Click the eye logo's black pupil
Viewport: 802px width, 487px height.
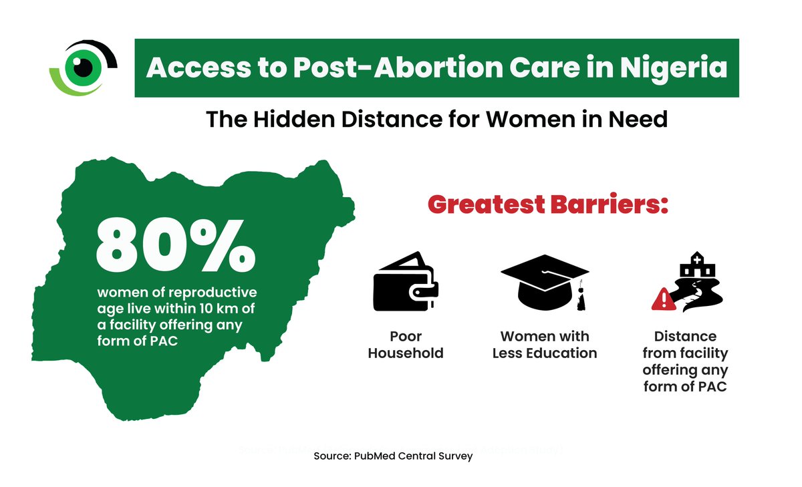click(84, 67)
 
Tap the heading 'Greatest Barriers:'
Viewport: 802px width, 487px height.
click(548, 204)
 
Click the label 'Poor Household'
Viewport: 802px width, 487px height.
click(406, 344)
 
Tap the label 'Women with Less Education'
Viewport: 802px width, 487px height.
click(545, 344)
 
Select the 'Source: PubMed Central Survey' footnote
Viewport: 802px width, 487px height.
click(393, 456)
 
